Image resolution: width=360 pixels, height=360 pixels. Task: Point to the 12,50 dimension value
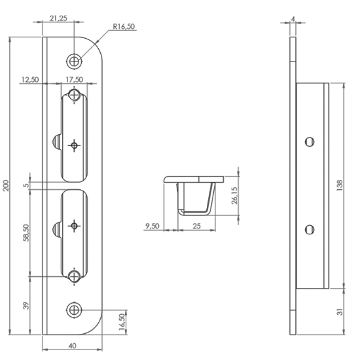[x=30, y=79]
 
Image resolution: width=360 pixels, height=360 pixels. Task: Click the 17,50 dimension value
[x=74, y=79]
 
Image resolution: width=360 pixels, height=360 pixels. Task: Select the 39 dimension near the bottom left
[x=26, y=306]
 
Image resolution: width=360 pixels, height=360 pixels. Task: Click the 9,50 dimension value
[x=152, y=226]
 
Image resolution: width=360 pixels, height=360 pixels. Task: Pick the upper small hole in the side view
[x=309, y=141]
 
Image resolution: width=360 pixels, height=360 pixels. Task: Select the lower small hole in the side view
[x=309, y=228]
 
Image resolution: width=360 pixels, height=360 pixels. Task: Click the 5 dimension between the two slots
[x=26, y=185]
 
